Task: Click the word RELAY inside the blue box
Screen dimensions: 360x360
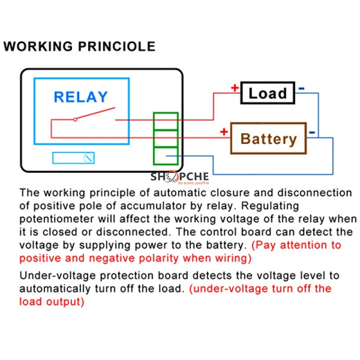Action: pos(81,97)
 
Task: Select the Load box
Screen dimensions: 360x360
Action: pos(268,93)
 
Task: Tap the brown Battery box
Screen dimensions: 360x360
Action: pos(269,138)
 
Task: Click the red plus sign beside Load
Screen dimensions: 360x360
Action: pos(234,88)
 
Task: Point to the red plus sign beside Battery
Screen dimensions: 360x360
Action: pos(224,132)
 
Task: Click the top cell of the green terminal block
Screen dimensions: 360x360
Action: pos(166,121)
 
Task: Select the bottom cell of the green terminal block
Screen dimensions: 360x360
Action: pos(166,155)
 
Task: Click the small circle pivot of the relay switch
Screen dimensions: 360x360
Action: pos(75,119)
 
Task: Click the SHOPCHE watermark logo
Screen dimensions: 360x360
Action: pos(179,177)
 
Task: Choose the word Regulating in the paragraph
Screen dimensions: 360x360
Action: pos(267,206)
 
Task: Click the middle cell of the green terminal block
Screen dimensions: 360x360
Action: pos(166,138)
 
